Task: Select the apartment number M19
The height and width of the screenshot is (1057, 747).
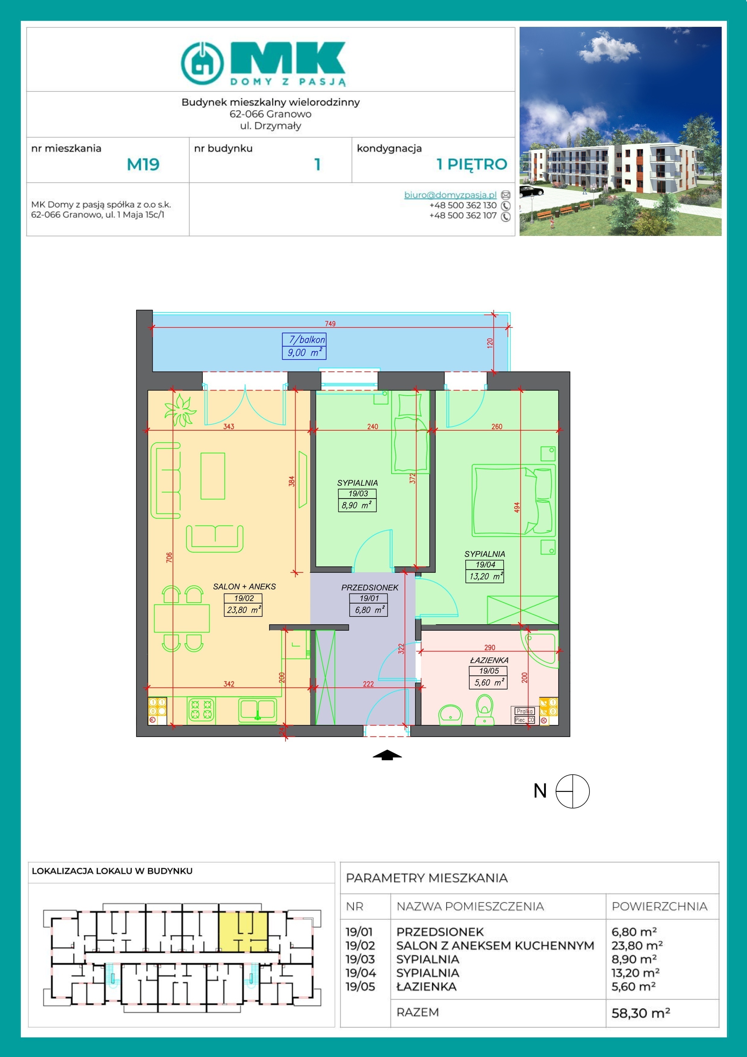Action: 143,164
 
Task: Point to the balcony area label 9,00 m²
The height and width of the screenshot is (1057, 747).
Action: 304,353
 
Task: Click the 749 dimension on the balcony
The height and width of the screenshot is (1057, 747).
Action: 330,324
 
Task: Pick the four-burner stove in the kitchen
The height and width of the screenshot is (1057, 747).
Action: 201,709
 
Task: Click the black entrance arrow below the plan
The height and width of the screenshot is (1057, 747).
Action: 387,755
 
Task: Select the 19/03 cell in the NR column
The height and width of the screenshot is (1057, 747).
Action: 360,959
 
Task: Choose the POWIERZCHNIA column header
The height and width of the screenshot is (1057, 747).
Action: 659,906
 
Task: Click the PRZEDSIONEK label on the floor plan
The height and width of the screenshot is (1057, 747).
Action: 370,588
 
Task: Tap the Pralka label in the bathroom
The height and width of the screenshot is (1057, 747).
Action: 525,711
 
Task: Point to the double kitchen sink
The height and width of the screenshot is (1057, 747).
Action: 257,710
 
